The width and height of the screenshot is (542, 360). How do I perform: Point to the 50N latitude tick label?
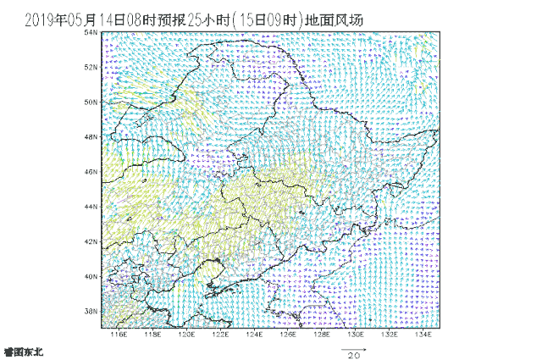[x=92, y=102]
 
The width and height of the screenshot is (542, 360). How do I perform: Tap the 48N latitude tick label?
[x=92, y=136]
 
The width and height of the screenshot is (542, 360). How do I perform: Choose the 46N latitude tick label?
[x=92, y=171]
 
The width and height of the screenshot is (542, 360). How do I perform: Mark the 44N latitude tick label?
[x=92, y=207]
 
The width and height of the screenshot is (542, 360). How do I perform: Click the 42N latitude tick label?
[x=92, y=241]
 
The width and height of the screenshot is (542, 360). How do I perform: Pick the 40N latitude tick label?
[x=92, y=276]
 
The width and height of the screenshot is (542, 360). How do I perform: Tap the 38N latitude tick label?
[x=92, y=311]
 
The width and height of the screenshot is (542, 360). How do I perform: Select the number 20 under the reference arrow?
[x=353, y=355]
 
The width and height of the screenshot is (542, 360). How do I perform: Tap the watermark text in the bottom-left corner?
[x=22, y=351]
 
